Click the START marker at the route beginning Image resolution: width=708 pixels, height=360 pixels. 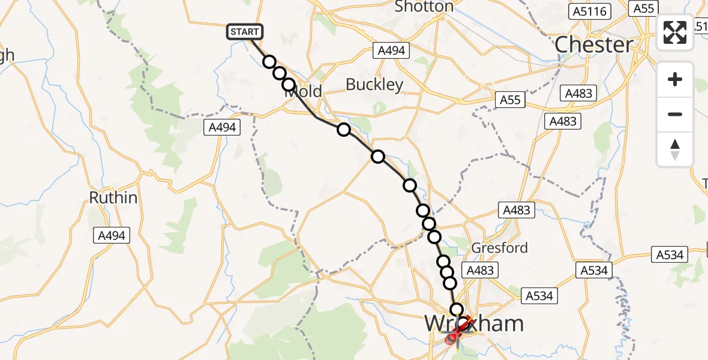[x=245, y=32]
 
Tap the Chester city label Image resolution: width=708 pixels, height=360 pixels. [x=593, y=44]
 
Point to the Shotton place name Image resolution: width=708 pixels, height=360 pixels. [x=424, y=7]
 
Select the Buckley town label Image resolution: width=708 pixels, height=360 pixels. [x=374, y=85]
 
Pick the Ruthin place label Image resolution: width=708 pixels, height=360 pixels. [x=113, y=197]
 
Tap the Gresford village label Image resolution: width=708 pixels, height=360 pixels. [x=500, y=247]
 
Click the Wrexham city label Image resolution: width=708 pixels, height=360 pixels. [x=474, y=324]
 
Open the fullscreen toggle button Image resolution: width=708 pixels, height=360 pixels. [x=675, y=32]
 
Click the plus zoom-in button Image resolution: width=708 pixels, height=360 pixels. [x=675, y=79]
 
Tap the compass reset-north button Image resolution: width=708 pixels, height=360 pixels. [x=675, y=149]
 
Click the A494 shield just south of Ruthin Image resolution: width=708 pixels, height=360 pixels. [x=112, y=236]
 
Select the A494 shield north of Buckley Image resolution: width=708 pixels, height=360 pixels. [x=392, y=51]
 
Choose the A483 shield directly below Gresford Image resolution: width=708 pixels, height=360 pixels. [x=480, y=271]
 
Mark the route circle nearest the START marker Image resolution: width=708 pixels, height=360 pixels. [x=269, y=62]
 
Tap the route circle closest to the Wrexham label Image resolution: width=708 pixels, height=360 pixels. [x=457, y=310]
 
